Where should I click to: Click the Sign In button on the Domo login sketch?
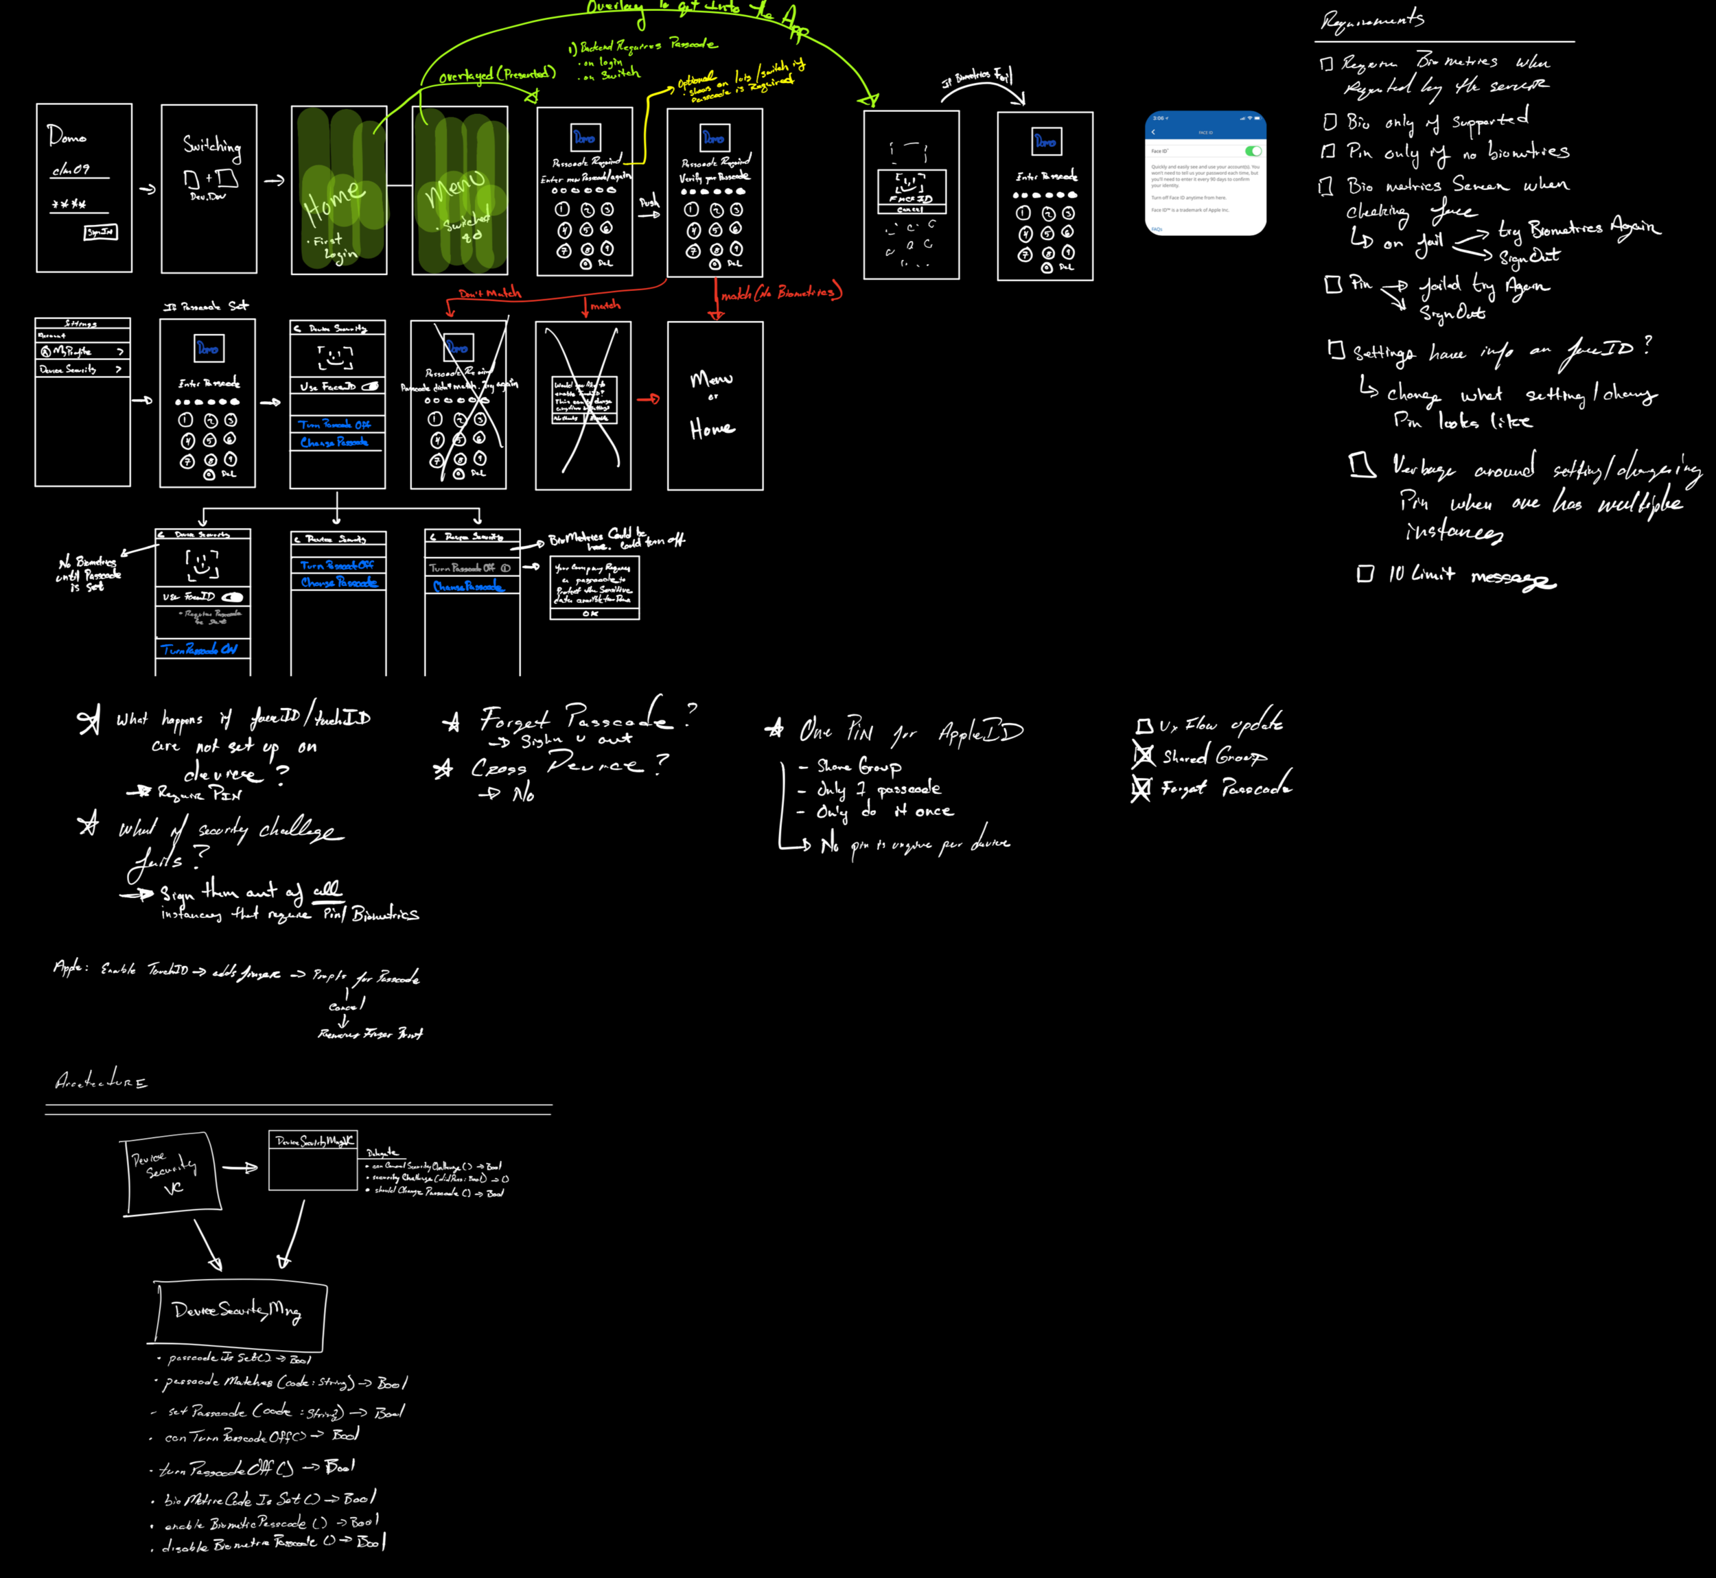(101, 233)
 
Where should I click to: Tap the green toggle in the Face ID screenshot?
(1253, 151)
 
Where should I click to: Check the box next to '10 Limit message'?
(1365, 574)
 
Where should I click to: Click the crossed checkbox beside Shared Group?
(1143, 755)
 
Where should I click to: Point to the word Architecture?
(101, 1082)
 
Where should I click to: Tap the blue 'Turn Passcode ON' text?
(199, 650)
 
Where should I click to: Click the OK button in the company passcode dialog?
(591, 613)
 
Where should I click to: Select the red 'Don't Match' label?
(489, 294)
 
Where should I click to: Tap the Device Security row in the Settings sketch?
(81, 370)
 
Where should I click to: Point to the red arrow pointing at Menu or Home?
(648, 399)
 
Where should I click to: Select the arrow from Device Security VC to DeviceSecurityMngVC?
(240, 1167)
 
